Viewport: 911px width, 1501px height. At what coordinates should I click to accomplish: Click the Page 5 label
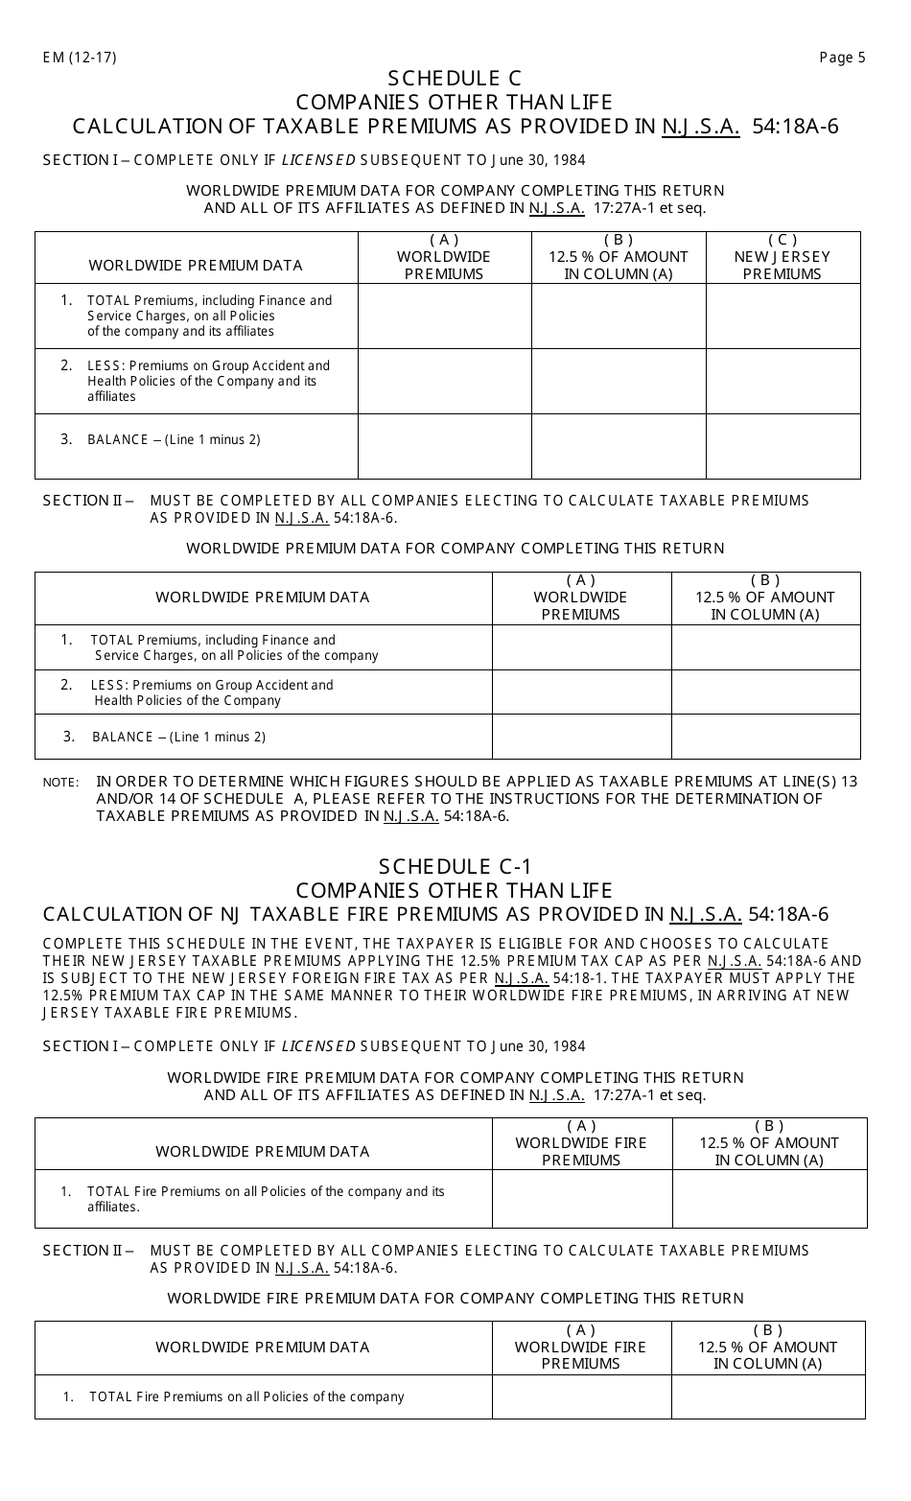842,58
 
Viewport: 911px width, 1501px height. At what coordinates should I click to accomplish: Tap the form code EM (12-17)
80,58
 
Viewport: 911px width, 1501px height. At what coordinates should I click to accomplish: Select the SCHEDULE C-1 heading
455,866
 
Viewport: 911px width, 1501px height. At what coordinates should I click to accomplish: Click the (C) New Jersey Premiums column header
783,257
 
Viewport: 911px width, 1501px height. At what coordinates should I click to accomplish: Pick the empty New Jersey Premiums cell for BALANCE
783,446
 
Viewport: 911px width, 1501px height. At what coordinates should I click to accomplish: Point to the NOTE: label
60,783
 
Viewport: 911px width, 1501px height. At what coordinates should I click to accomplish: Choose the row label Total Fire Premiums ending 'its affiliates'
265,1199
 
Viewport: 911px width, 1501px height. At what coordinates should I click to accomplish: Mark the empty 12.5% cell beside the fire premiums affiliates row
769,1199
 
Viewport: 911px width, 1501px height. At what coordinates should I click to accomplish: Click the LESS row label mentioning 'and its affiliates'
208,381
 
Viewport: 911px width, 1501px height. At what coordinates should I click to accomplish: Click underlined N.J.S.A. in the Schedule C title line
700,127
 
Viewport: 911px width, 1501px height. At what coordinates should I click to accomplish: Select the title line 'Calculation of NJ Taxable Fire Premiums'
435,914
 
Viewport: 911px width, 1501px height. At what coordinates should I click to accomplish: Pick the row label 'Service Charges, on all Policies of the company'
235,656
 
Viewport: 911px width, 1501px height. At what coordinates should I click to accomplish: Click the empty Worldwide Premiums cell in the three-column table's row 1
445,316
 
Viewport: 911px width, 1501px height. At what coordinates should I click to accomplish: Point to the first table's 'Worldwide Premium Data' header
196,266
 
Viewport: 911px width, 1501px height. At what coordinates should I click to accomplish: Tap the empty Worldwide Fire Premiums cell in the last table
581,1396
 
